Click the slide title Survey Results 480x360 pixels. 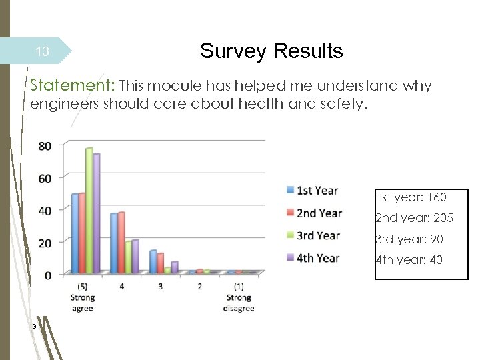tap(271, 51)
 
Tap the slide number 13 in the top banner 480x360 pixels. tap(42, 51)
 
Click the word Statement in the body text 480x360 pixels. tap(71, 86)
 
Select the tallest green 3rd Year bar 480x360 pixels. tap(89, 210)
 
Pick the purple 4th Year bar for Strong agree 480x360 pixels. tap(97, 213)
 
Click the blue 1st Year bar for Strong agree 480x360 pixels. tap(75, 233)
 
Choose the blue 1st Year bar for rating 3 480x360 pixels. tap(153, 261)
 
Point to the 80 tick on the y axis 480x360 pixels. tap(44, 146)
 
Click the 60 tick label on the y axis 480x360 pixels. tap(44, 178)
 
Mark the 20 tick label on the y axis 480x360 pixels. tap(44, 243)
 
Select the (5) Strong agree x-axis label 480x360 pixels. tap(83, 297)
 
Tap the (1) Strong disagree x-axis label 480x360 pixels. tap(238, 297)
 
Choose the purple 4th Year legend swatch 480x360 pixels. tap(290, 258)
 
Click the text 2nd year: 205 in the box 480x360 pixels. tap(413, 218)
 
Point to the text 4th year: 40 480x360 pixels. tap(409, 260)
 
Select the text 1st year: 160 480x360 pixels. tap(411, 197)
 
